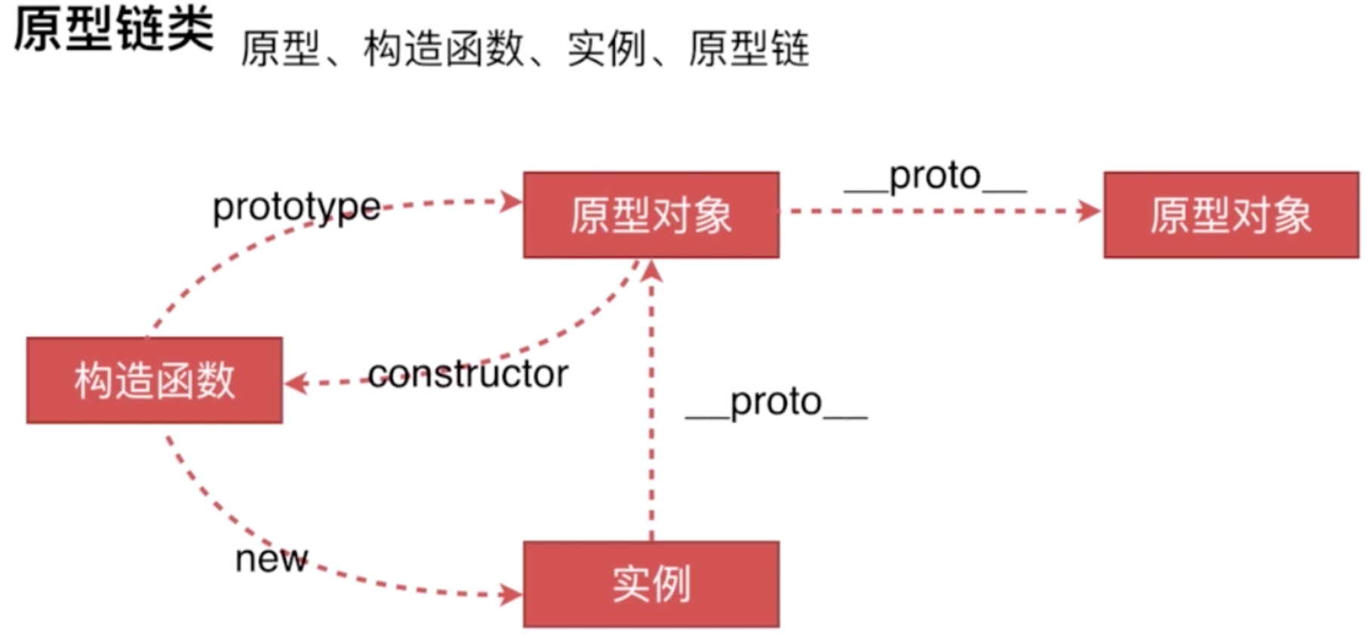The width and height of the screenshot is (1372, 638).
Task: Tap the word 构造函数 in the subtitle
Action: tap(443, 49)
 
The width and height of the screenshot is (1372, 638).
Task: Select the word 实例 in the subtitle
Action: tap(606, 49)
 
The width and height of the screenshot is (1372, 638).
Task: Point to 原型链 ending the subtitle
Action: tap(748, 49)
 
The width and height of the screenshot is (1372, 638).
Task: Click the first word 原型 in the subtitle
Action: tap(280, 49)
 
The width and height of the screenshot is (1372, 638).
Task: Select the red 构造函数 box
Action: tap(155, 380)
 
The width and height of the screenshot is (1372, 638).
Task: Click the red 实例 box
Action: tap(651, 584)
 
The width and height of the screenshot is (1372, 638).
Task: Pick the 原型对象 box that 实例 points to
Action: tap(651, 215)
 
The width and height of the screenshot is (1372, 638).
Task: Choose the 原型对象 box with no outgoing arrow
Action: tap(1230, 215)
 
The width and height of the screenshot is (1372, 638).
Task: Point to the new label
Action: tap(271, 559)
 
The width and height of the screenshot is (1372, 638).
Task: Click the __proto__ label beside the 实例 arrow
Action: tap(776, 402)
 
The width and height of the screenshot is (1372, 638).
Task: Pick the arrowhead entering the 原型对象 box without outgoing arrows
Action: tap(1090, 211)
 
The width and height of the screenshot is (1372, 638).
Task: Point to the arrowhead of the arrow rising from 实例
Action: tap(652, 270)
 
